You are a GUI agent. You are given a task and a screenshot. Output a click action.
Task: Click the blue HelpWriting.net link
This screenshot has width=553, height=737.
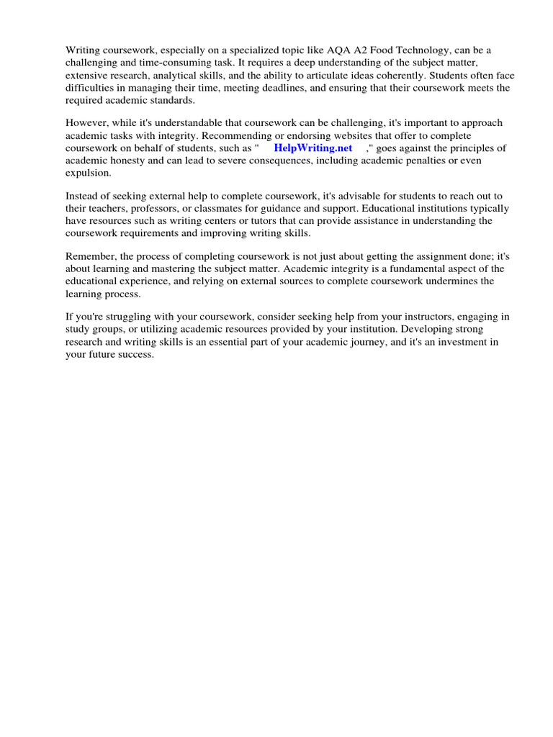tap(313, 148)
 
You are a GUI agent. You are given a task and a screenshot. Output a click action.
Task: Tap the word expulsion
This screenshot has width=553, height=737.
tap(88, 173)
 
